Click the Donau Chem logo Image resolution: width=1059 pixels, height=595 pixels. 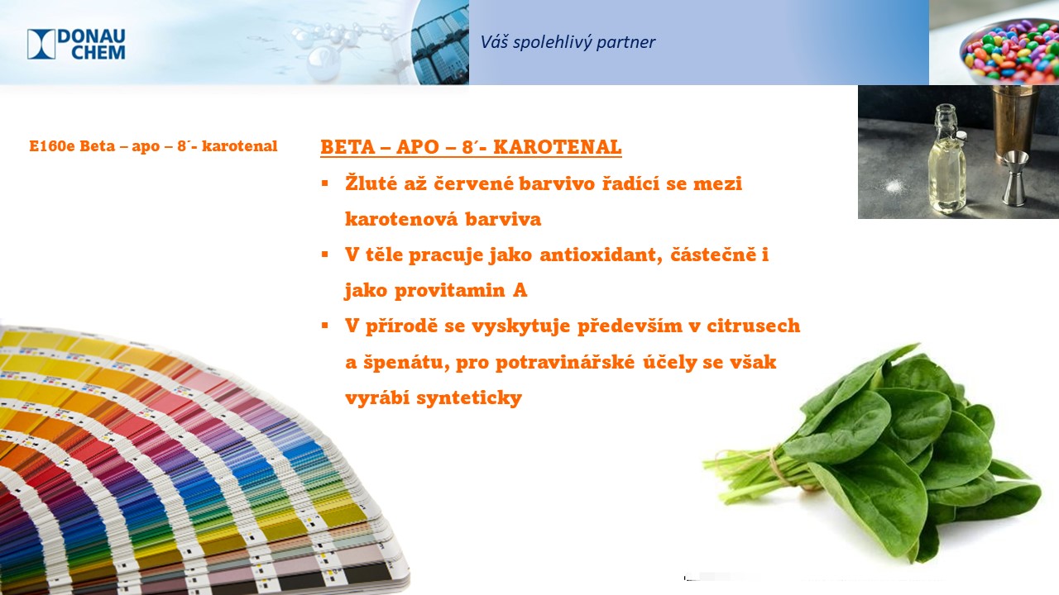point(76,45)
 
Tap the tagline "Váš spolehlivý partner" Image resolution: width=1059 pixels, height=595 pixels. point(568,42)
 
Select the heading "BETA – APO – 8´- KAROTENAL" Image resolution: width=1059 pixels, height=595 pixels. point(471,147)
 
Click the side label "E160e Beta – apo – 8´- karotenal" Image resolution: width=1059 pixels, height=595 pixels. point(153,146)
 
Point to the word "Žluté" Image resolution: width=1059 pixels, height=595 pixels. point(371,183)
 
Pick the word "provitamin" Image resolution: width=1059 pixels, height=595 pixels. point(449,290)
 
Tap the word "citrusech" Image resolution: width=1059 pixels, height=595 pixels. point(754,326)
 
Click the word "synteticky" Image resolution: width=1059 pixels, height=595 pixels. point(469,398)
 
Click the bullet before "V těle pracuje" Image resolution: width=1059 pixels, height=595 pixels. point(325,255)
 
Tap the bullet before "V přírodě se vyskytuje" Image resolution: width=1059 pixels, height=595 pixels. point(325,326)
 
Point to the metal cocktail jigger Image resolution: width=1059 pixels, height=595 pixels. point(1015,178)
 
